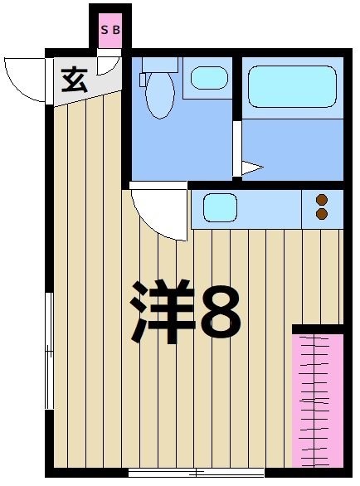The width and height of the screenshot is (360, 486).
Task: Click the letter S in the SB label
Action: click(x=105, y=29)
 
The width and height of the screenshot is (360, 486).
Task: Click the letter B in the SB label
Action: click(x=116, y=29)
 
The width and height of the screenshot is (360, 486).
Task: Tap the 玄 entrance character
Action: click(x=75, y=80)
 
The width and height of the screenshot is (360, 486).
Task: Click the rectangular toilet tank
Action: click(x=159, y=63)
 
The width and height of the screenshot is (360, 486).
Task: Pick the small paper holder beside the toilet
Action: click(x=143, y=80)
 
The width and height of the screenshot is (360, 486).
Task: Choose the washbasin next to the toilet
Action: click(x=208, y=78)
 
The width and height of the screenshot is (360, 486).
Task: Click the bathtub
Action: click(x=291, y=86)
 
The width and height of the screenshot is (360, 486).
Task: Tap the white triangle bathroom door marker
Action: click(x=251, y=168)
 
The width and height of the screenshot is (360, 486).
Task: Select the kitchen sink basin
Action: click(x=221, y=207)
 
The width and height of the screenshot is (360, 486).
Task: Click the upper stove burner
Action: click(x=322, y=199)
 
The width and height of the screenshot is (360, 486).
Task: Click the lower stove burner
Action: click(x=322, y=214)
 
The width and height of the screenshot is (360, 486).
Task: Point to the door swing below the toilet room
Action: click(x=159, y=213)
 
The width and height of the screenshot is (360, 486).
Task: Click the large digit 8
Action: click(x=221, y=313)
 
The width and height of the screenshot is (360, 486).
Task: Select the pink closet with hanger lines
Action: click(x=317, y=399)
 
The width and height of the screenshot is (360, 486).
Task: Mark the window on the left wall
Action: click(x=50, y=352)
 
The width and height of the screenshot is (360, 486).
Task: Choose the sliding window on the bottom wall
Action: click(x=196, y=473)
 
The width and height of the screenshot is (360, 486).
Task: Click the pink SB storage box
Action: click(x=110, y=30)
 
